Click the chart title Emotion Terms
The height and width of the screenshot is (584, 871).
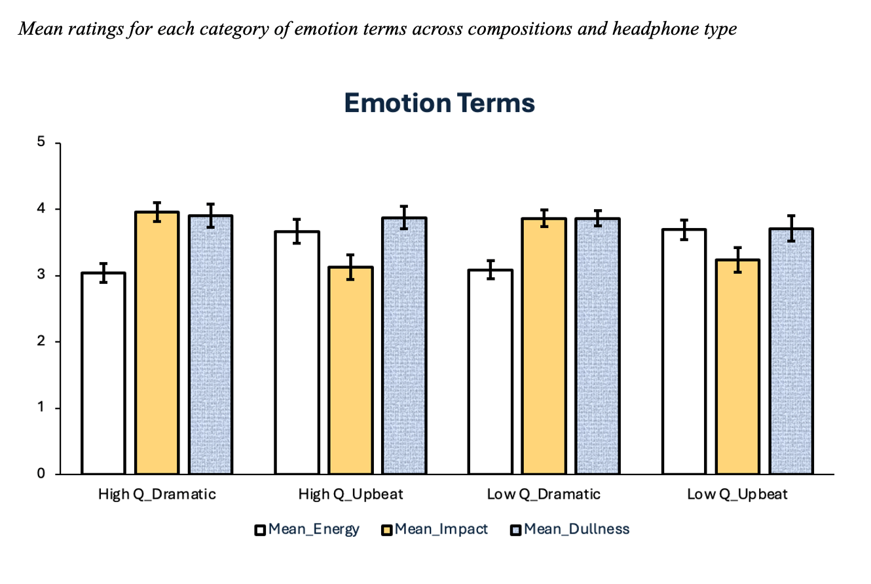coord(439,104)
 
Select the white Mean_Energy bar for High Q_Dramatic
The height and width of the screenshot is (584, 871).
coord(103,373)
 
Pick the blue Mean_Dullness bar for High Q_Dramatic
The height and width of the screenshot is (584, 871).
coord(211,345)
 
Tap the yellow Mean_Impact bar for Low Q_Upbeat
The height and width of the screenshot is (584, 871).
coord(737,367)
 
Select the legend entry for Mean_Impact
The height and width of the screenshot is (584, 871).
coord(434,530)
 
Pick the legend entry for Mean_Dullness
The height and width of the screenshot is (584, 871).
coord(569,530)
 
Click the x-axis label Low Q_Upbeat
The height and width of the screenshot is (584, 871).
coord(737,494)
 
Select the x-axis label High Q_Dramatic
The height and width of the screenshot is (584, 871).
coord(157,494)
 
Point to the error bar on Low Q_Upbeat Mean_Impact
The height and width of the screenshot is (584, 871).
coord(737,260)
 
